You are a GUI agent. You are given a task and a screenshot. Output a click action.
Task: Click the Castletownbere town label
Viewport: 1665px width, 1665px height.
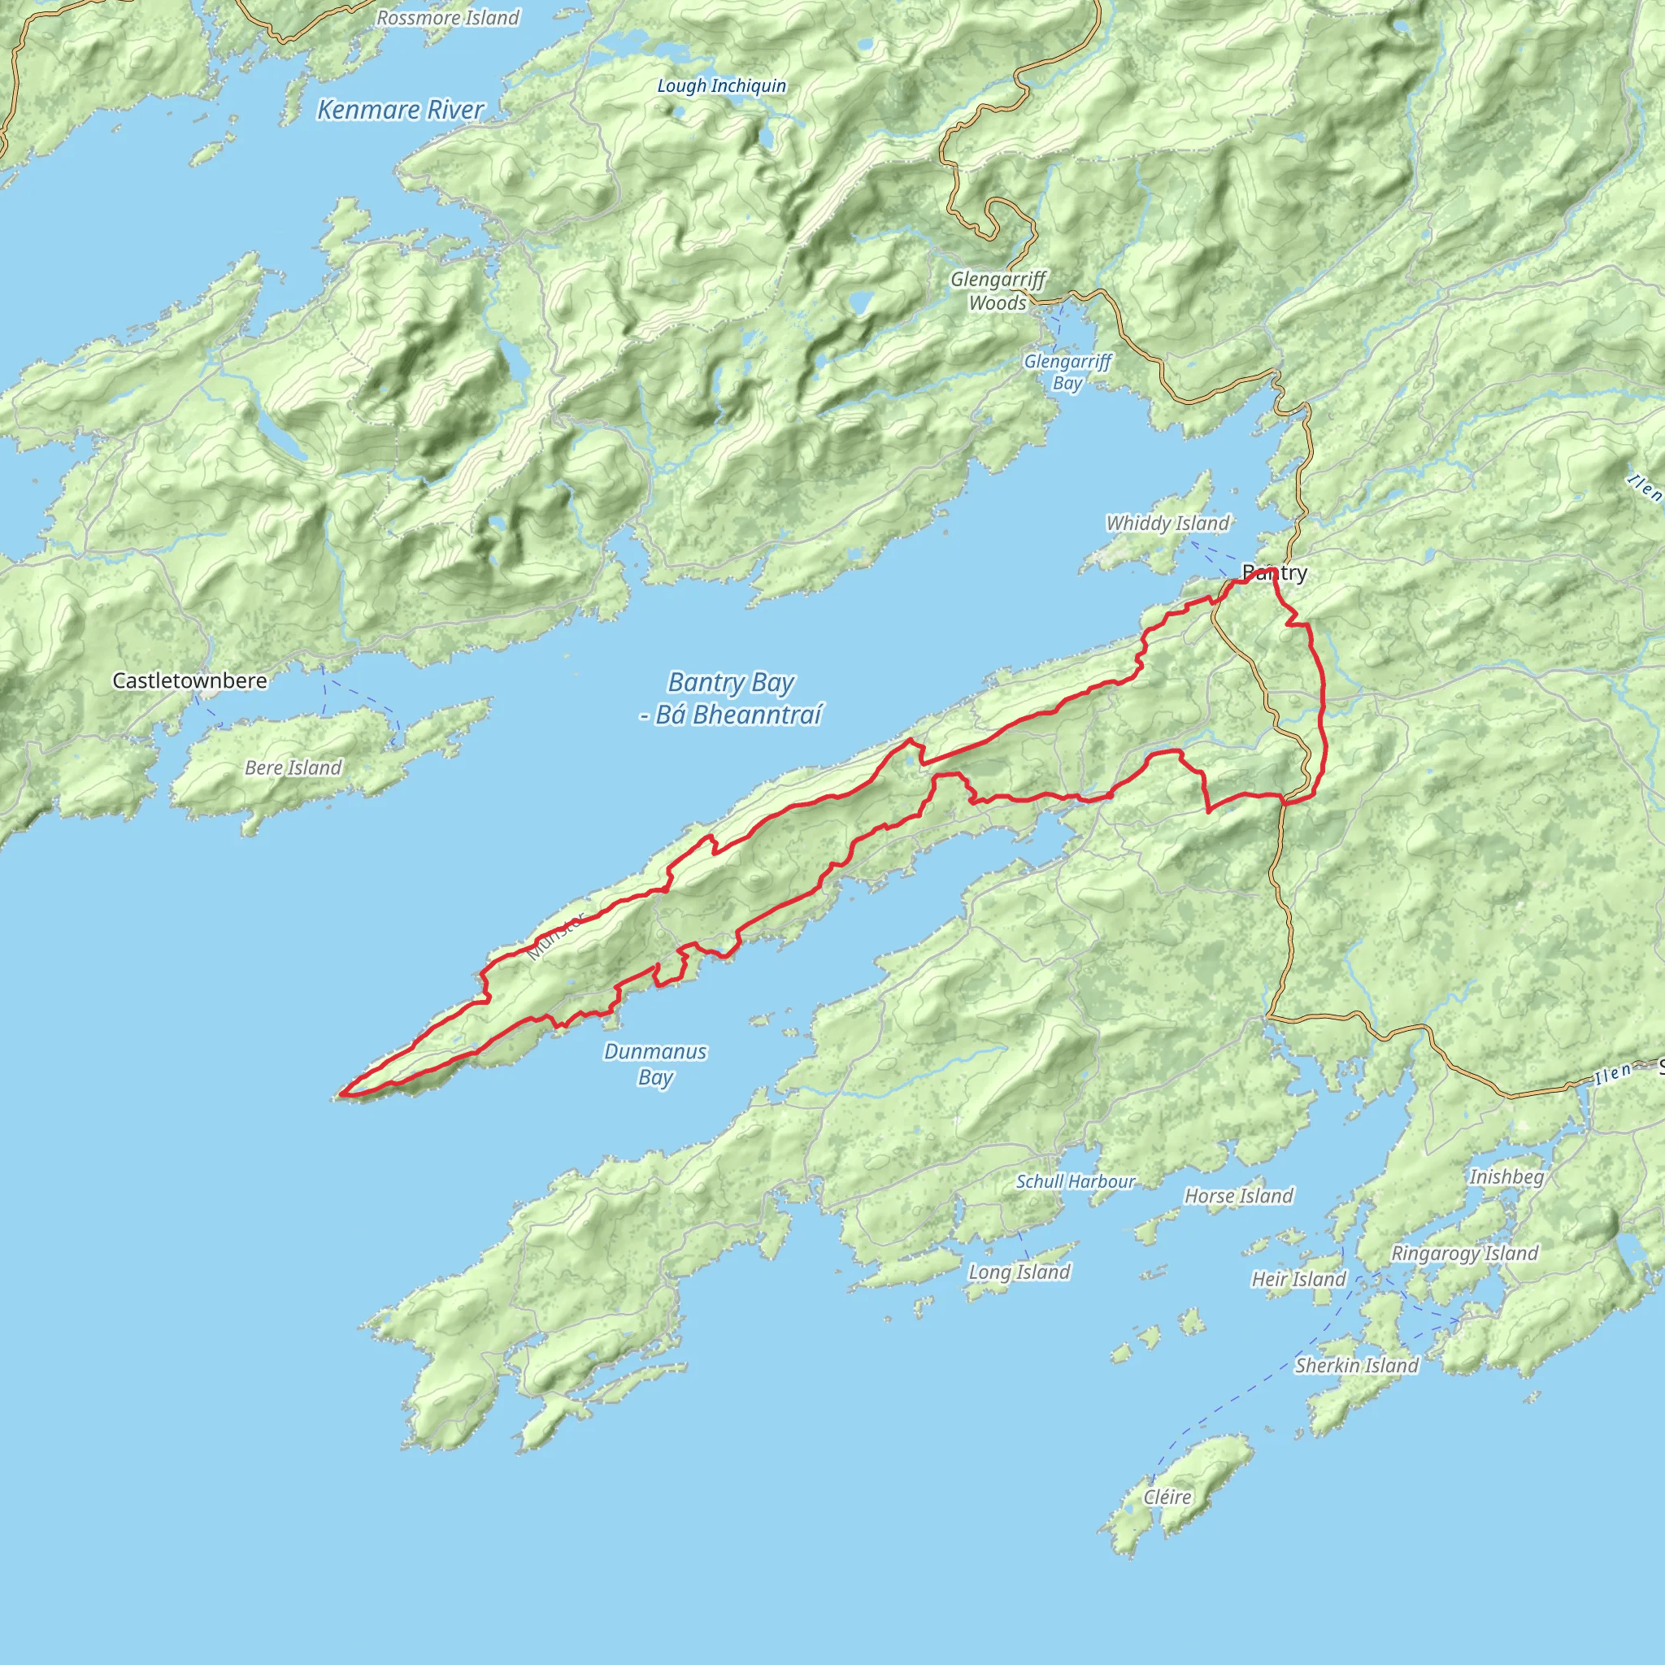[189, 680]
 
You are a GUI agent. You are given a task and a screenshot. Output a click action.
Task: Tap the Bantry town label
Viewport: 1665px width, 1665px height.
[1275, 572]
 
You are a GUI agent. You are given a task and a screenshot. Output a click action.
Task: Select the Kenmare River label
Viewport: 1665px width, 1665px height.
[401, 111]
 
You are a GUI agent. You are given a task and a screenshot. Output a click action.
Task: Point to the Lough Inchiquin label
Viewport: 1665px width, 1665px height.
[721, 86]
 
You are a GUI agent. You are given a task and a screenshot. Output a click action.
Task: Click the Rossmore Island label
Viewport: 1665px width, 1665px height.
[448, 18]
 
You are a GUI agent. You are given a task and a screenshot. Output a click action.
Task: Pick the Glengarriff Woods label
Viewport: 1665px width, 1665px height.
[999, 291]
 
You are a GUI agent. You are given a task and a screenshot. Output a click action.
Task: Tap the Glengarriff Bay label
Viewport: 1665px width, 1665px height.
[1067, 372]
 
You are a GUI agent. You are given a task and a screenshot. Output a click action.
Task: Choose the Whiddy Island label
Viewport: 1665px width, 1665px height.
[1167, 523]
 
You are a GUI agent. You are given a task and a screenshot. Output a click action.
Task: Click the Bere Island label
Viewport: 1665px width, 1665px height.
[293, 767]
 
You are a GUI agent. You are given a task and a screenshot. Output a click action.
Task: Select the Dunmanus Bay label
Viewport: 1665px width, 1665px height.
[655, 1064]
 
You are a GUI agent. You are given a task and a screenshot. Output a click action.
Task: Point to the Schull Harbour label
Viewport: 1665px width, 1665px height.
[1075, 1181]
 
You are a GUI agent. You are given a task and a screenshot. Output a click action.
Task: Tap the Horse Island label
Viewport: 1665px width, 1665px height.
[1238, 1196]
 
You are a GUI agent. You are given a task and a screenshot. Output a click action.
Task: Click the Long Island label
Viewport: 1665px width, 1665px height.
[1019, 1272]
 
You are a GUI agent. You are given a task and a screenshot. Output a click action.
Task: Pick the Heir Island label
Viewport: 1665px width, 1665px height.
[1298, 1280]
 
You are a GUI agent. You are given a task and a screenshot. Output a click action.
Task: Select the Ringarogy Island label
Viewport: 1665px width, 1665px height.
[1465, 1254]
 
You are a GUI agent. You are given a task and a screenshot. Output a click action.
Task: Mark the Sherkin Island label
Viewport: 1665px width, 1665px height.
[1357, 1366]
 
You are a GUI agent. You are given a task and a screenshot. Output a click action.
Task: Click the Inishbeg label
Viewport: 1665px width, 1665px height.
[1506, 1177]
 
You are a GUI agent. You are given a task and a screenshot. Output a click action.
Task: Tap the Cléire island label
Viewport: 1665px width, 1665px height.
[1167, 1498]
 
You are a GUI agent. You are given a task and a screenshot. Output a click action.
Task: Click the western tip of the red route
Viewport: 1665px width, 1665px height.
[343, 1094]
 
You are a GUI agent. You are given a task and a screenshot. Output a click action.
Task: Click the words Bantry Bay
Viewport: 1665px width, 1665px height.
[731, 683]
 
